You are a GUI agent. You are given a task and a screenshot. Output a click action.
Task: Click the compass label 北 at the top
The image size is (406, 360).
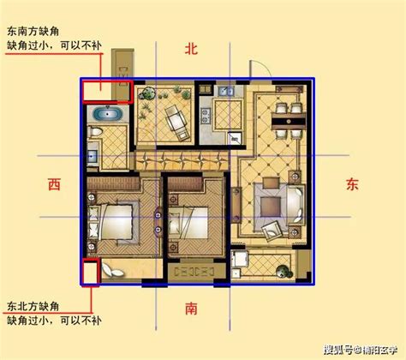point(190,50)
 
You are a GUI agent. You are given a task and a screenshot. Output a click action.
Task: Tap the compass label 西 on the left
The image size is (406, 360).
point(54,183)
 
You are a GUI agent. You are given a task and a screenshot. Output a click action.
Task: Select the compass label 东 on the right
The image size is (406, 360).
point(352,183)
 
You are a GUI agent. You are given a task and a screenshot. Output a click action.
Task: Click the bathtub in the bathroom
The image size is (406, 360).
point(106,114)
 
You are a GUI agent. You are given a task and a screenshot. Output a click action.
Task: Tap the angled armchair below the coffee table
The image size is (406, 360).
point(273,229)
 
